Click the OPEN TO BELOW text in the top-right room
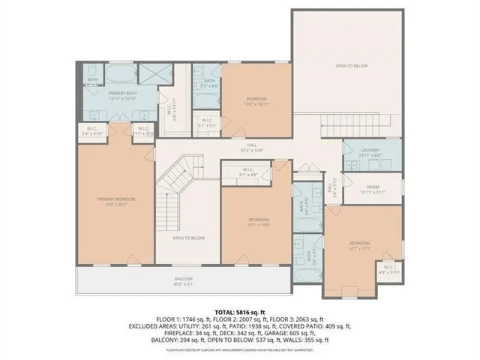[351, 66]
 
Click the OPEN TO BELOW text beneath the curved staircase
[188, 238]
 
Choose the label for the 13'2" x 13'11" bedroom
[256, 101]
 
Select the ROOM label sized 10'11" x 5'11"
[372, 189]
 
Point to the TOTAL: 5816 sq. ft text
[240, 310]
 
